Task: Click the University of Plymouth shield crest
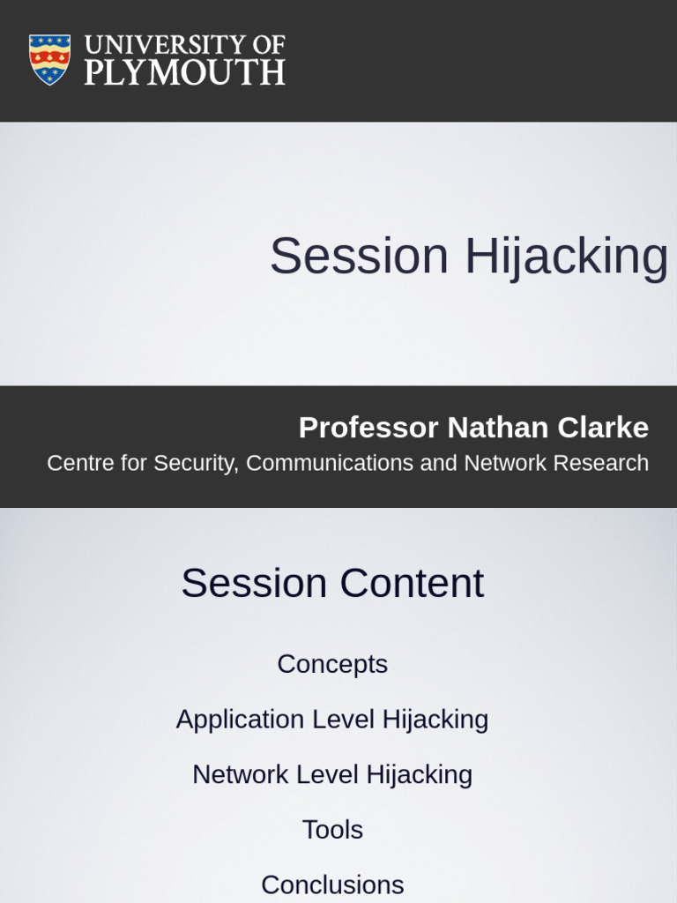coord(49,59)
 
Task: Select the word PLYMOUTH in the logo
coord(184,71)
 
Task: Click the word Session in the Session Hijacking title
coord(359,256)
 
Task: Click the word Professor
coord(368,428)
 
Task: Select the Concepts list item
coord(332,664)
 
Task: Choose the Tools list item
coord(332,830)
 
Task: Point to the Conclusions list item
coord(332,884)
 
